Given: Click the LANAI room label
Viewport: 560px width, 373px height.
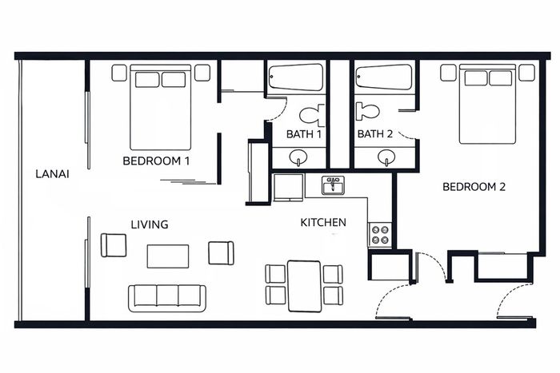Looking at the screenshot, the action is tap(53, 174).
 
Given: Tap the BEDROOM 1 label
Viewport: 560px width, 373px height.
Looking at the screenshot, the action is tap(156, 161).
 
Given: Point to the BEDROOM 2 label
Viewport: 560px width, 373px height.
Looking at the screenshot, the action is tap(474, 187).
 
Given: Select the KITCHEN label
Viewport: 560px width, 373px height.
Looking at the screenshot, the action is tap(323, 223).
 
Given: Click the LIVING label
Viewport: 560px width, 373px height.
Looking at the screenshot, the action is tap(150, 224).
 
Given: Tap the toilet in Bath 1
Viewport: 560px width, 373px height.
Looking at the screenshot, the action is tap(312, 115).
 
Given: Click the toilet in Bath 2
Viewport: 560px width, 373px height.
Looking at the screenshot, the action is tap(367, 111).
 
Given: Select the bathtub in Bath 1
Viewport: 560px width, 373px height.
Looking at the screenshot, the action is tap(296, 77).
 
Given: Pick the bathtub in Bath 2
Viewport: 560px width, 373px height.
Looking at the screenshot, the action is tap(384, 77).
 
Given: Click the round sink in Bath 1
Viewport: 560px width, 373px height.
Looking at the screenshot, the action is tap(298, 157).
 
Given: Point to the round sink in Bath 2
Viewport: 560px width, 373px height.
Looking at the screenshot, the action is tap(386, 157).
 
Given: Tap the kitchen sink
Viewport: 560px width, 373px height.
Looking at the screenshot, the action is tap(333, 185).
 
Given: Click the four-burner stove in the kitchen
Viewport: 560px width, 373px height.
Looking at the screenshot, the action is tap(380, 235).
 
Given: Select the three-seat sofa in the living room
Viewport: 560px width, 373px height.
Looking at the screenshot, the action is tap(167, 298).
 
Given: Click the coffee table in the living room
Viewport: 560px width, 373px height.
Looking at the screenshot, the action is tap(168, 256).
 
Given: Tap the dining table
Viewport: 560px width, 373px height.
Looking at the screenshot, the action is tap(304, 287).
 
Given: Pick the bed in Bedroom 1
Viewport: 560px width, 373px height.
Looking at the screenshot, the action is tap(160, 107).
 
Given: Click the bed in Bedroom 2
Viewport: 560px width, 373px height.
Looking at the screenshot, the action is tap(487, 104).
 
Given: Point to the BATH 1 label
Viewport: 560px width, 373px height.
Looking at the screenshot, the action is tap(304, 134).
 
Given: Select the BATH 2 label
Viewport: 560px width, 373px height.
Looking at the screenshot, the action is tap(375, 133).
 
